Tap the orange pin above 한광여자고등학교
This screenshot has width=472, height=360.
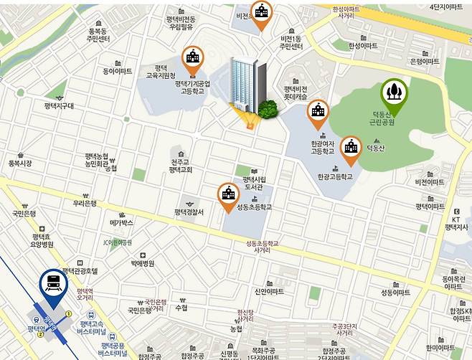tap(317, 112)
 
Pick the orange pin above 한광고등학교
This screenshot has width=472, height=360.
tap(351, 148)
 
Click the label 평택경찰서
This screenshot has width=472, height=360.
tap(189, 212)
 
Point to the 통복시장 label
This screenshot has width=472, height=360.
tap(20, 164)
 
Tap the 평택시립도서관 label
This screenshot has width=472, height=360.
tap(255, 184)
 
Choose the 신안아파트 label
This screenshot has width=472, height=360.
tap(269, 292)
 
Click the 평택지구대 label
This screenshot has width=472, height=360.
tap(59, 106)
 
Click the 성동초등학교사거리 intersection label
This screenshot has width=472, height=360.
tap(261, 247)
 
